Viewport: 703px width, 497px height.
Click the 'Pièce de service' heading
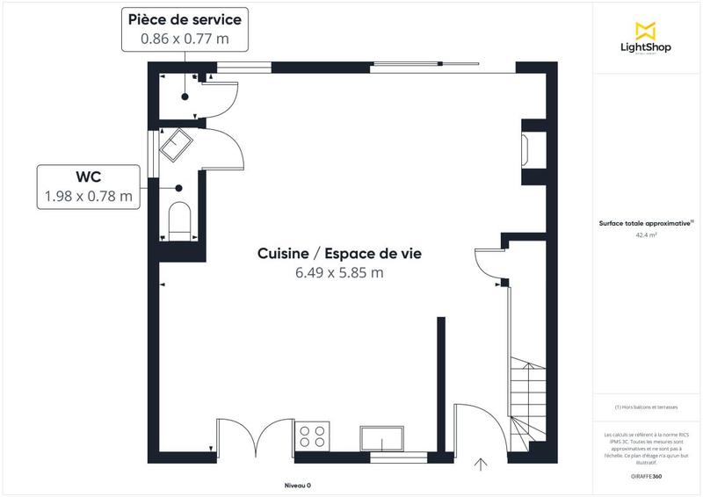pyautogui.click(x=185, y=19)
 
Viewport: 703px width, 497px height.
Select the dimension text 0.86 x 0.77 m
pyautogui.click(x=185, y=39)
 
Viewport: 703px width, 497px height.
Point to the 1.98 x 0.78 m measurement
pyautogui.click(x=89, y=197)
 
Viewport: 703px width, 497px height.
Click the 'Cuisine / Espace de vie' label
pyautogui.click(x=339, y=253)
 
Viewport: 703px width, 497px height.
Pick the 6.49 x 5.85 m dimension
pyautogui.click(x=339, y=272)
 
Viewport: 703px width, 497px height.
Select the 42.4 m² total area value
pyautogui.click(x=648, y=235)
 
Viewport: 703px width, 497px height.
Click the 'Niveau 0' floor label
pyautogui.click(x=298, y=486)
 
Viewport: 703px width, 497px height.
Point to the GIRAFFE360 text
pyautogui.click(x=647, y=474)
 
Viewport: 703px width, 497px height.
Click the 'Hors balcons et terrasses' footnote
pyautogui.click(x=647, y=407)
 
